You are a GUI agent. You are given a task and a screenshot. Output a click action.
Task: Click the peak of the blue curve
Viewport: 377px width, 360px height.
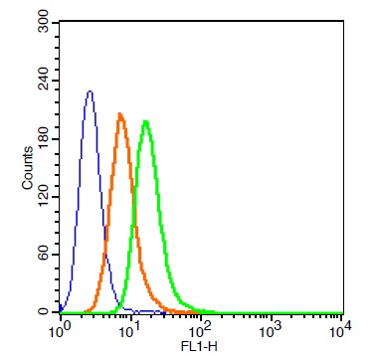[x=90, y=91]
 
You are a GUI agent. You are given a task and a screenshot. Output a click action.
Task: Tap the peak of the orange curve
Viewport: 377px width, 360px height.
[x=120, y=114]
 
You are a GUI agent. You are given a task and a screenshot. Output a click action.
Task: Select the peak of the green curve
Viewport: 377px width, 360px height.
[x=145, y=121]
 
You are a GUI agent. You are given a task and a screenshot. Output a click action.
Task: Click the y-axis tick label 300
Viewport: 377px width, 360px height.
[x=44, y=22]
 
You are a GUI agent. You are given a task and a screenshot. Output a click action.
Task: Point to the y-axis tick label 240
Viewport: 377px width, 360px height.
[x=44, y=81]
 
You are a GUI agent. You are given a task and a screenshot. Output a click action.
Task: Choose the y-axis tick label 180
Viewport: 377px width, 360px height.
[x=44, y=138]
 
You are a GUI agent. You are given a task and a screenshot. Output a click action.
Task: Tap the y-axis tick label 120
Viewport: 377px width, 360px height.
[x=44, y=197]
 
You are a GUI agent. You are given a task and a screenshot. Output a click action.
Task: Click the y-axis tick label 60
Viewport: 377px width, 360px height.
[x=44, y=255]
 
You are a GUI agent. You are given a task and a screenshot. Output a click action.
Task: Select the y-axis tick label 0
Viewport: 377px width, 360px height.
[x=44, y=312]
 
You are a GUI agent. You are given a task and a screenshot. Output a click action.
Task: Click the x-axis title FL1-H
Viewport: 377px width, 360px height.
[x=199, y=347]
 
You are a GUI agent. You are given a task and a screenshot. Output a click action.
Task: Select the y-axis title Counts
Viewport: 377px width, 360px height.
[x=28, y=168]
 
